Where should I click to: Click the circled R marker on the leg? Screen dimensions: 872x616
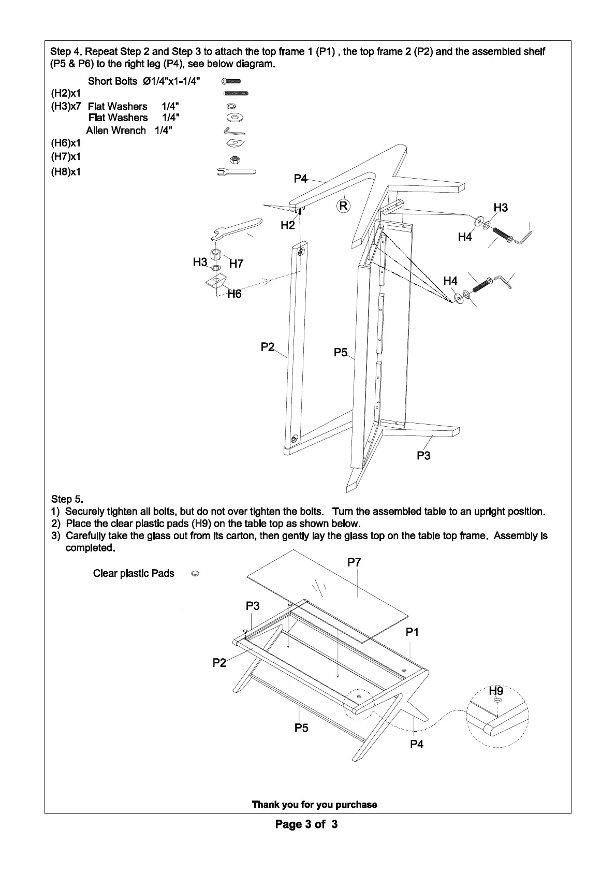[x=344, y=206]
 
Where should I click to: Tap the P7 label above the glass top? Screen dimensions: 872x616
[x=354, y=562]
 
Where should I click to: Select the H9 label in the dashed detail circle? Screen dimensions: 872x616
[x=496, y=691]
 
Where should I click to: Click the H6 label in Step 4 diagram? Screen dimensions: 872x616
[x=234, y=294]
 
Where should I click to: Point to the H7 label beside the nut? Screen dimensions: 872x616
[x=236, y=264]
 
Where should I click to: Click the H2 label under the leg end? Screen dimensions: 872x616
[x=288, y=225]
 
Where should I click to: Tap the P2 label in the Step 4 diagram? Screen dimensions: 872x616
[x=268, y=347]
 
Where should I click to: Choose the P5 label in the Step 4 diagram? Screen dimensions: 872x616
[x=341, y=353]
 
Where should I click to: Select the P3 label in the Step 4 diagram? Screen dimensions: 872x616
[x=423, y=456]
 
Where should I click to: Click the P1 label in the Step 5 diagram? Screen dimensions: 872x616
[x=412, y=632]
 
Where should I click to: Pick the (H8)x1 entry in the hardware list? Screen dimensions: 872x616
[x=66, y=171]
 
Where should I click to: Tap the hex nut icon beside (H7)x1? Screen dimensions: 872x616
[x=234, y=159]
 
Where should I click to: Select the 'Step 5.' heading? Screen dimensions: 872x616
[x=67, y=499]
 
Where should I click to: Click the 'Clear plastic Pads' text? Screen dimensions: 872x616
[x=134, y=573]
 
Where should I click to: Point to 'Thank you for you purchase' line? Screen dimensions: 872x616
[x=314, y=805]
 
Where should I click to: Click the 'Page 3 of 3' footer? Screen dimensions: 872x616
[x=306, y=824]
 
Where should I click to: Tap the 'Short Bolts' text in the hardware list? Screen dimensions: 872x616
[x=112, y=81]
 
